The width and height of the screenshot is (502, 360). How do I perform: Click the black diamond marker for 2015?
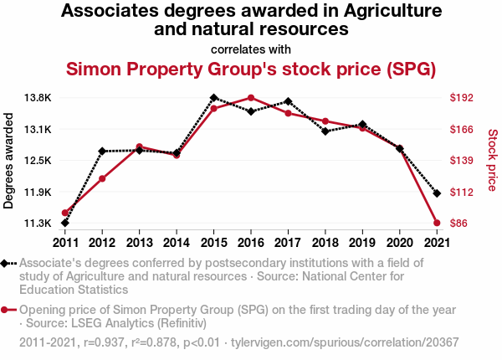pyautogui.click(x=213, y=98)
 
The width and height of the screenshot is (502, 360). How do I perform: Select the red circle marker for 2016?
pyautogui.click(x=251, y=98)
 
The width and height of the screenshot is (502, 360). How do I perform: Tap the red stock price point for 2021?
pyautogui.click(x=437, y=223)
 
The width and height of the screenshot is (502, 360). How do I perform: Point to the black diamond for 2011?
pyautogui.click(x=65, y=223)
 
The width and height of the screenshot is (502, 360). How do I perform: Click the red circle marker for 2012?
pyautogui.click(x=102, y=178)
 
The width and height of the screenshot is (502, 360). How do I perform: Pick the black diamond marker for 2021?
pyautogui.click(x=437, y=193)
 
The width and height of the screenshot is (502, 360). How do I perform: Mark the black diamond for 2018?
pyautogui.click(x=325, y=131)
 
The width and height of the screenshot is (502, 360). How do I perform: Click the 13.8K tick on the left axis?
pyautogui.click(x=38, y=98)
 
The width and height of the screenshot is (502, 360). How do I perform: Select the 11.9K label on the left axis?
pyautogui.click(x=38, y=193)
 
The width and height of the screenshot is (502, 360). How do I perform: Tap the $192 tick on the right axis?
pyautogui.click(x=462, y=98)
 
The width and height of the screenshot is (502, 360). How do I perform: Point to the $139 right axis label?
pyautogui.click(x=462, y=161)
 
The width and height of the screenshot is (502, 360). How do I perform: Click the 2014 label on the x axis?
pyautogui.click(x=177, y=243)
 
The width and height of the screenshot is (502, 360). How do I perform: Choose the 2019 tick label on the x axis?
pyautogui.click(x=362, y=243)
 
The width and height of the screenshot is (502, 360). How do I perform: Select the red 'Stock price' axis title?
pyautogui.click(x=492, y=159)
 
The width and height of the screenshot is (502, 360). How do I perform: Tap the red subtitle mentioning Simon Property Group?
pyautogui.click(x=251, y=68)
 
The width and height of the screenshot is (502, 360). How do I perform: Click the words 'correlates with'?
pyautogui.click(x=251, y=49)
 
